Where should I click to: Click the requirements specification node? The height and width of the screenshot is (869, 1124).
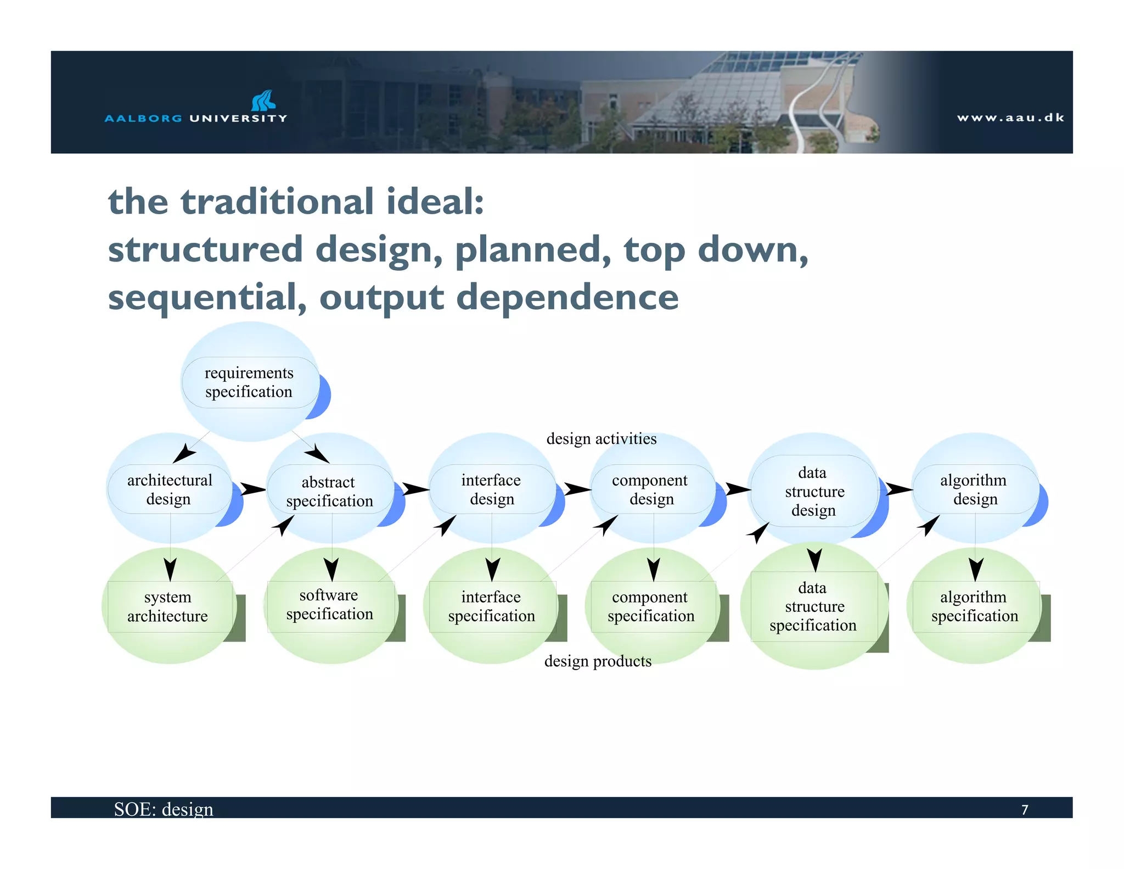pos(250,382)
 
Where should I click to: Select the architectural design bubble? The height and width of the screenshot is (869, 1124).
pos(170,489)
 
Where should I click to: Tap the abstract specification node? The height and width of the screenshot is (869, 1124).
pos(329,491)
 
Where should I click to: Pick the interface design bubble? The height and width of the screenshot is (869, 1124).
pos(491,489)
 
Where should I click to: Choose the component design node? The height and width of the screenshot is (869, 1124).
pos(651,489)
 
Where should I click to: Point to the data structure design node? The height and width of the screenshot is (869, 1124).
pos(814,491)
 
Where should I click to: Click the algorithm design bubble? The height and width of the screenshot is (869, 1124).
pos(974,489)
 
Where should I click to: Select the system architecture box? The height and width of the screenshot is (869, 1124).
pos(168,606)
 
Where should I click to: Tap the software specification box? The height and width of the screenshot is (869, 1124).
pos(329,605)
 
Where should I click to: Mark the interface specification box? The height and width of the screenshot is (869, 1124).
pos(491,606)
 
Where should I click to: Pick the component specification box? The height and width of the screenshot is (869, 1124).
pos(651,606)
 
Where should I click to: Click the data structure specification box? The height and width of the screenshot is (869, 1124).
pos(813,606)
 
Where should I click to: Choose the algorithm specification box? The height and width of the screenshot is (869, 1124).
pos(974,606)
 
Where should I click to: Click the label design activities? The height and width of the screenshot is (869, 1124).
pos(601,439)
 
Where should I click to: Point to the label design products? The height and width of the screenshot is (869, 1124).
pos(598,661)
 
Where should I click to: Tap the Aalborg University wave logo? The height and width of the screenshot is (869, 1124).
pos(263,101)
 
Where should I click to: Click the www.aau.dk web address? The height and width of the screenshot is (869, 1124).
pos(1010,118)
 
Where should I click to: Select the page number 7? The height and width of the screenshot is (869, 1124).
pos(1024,810)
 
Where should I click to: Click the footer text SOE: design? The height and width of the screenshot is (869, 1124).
pos(164,809)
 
